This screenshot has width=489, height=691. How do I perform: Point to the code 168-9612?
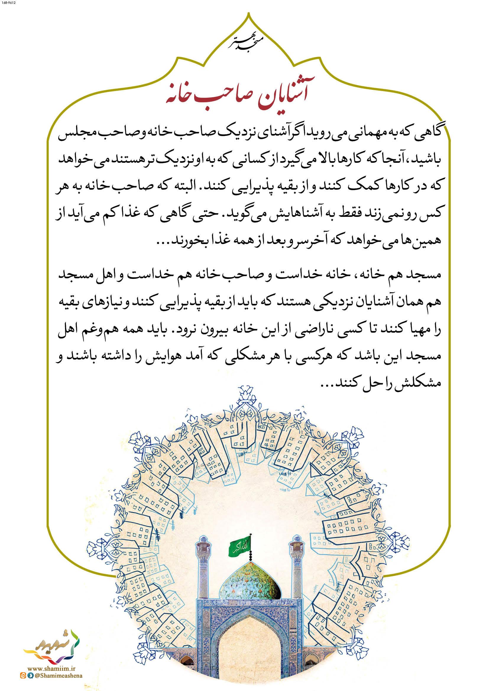10,4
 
